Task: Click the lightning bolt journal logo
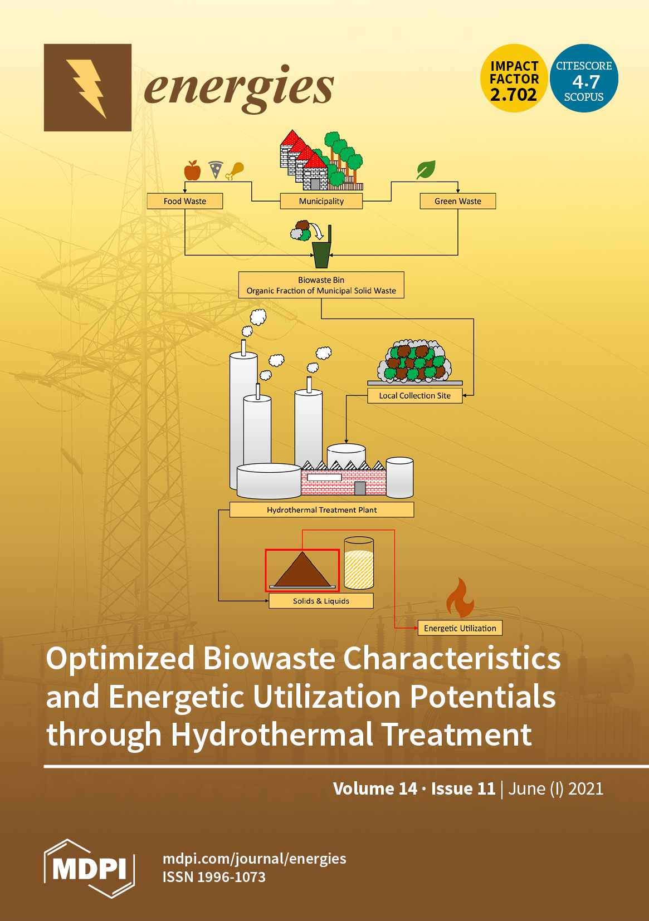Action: click(87, 87)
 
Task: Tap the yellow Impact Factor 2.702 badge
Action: click(514, 79)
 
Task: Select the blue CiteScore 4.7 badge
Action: click(584, 79)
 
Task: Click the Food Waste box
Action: click(185, 201)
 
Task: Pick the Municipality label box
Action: click(321, 201)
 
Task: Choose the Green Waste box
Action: click(457, 201)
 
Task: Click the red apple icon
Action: click(192, 170)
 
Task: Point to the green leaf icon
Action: click(426, 170)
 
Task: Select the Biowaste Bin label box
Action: click(321, 285)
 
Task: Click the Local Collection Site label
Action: click(415, 395)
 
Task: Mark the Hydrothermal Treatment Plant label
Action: click(321, 510)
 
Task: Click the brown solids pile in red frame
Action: click(302, 571)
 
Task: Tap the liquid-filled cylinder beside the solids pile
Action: click(359, 564)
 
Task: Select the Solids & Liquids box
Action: click(321, 601)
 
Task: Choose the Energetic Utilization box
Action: click(460, 628)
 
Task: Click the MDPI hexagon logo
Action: click(89, 868)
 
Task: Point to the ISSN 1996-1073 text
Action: click(214, 877)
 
